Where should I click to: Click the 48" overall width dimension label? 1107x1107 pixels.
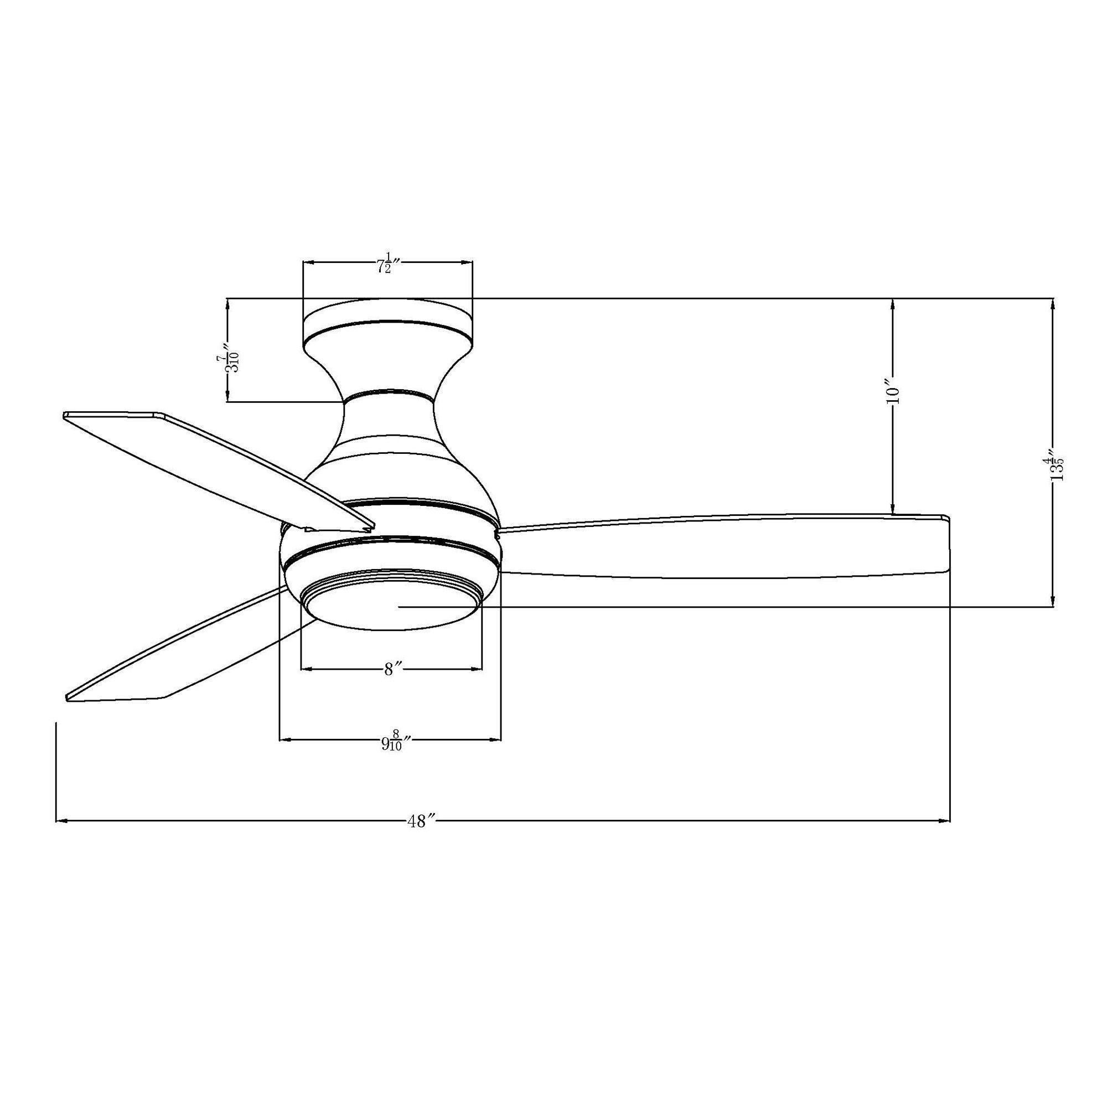[x=422, y=821]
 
